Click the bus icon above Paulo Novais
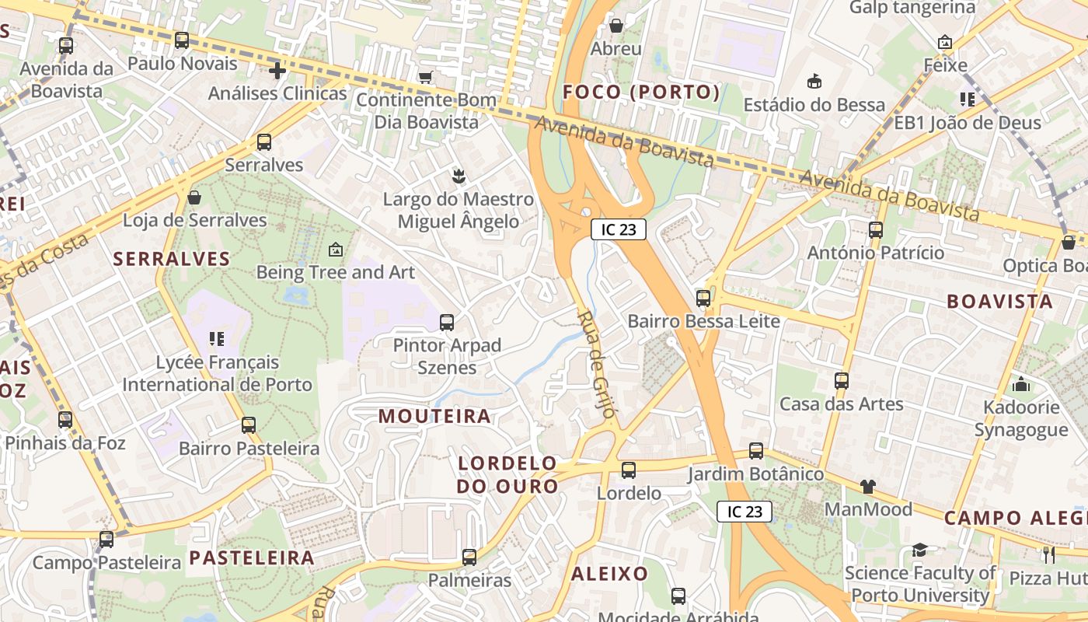pyautogui.click(x=182, y=40)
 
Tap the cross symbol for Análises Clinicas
pyautogui.click(x=277, y=72)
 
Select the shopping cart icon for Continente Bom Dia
pyautogui.click(x=425, y=77)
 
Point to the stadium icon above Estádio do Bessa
pyautogui.click(x=814, y=81)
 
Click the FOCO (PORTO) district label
pyautogui.click(x=641, y=93)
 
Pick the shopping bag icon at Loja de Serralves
pyautogui.click(x=194, y=197)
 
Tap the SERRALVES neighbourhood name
pyautogui.click(x=172, y=259)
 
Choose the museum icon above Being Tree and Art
pyautogui.click(x=335, y=250)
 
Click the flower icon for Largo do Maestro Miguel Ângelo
pyautogui.click(x=458, y=176)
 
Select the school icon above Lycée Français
pyautogui.click(x=217, y=339)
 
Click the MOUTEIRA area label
pyautogui.click(x=434, y=417)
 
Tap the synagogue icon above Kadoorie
pyautogui.click(x=1021, y=384)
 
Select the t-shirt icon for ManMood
pyautogui.click(x=867, y=487)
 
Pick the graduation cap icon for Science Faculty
pyautogui.click(x=920, y=550)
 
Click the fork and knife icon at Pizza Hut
pyautogui.click(x=1048, y=554)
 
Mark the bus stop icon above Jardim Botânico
pyautogui.click(x=756, y=451)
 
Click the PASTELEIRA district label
pyautogui.click(x=252, y=557)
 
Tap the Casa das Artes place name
pyautogui.click(x=841, y=404)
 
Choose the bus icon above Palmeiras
pyautogui.click(x=469, y=557)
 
